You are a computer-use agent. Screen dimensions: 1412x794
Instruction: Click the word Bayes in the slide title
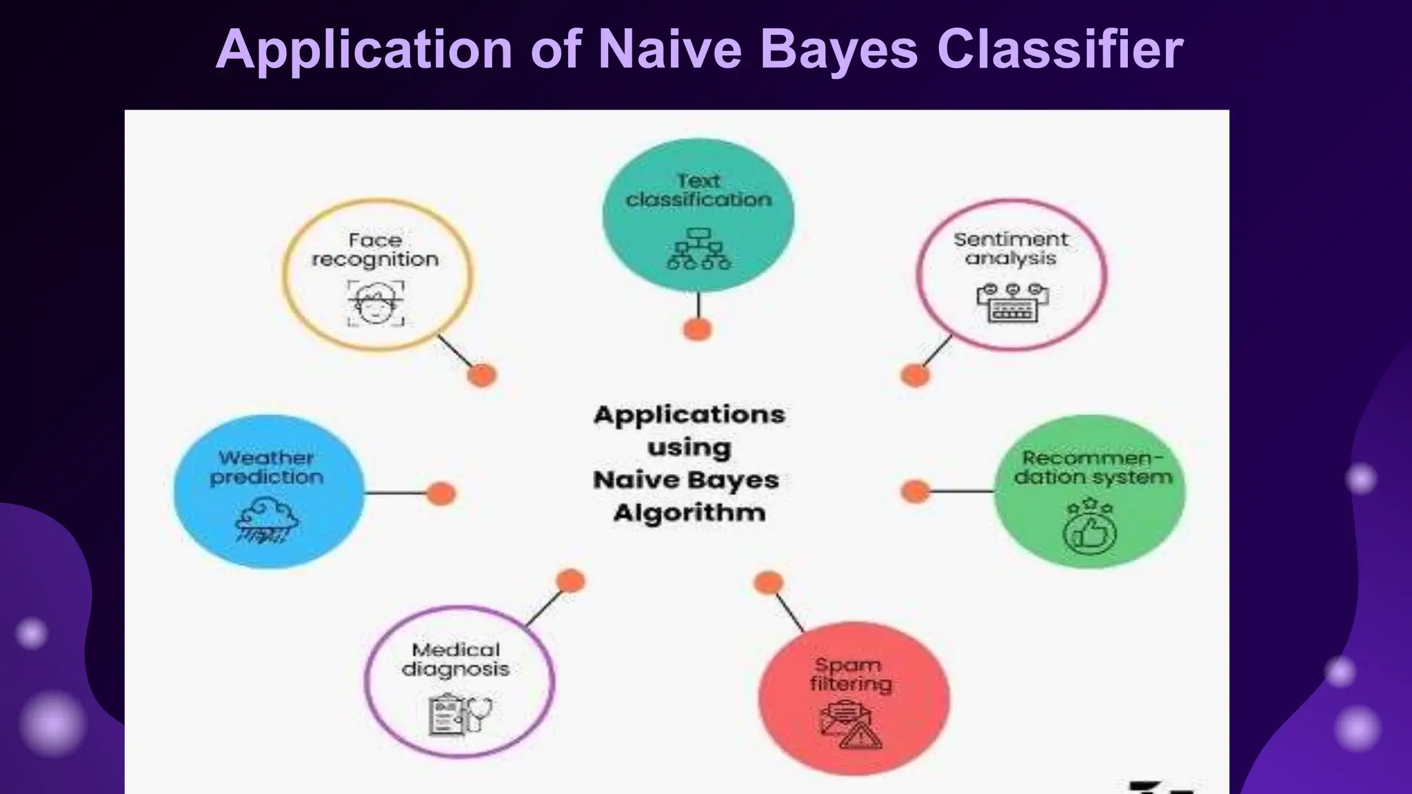point(839,50)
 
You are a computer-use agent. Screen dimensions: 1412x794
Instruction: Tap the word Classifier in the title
point(1060,50)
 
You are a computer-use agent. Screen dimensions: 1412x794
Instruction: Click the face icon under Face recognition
point(376,303)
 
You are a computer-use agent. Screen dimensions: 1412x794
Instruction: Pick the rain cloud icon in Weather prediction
point(267,521)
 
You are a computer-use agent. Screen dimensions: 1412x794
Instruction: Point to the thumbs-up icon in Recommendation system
point(1089,527)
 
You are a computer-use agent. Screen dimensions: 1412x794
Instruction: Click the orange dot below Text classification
point(697,329)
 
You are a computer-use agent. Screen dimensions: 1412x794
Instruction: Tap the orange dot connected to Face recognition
point(482,376)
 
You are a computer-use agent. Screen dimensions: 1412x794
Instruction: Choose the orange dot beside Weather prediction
point(441,493)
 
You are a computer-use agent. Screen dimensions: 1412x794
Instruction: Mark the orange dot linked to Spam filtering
point(768,583)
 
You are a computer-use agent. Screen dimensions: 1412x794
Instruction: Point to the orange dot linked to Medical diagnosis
point(570,581)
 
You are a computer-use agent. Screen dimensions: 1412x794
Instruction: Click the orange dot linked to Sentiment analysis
point(915,376)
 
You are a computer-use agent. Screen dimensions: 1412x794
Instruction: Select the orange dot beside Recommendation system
point(916,491)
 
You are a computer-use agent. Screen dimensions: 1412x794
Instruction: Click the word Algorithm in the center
point(689,513)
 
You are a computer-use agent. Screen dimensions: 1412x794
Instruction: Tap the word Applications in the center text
point(689,415)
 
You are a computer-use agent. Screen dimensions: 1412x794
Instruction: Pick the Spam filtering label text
point(850,674)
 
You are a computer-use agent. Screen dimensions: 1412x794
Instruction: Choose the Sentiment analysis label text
point(1011,249)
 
